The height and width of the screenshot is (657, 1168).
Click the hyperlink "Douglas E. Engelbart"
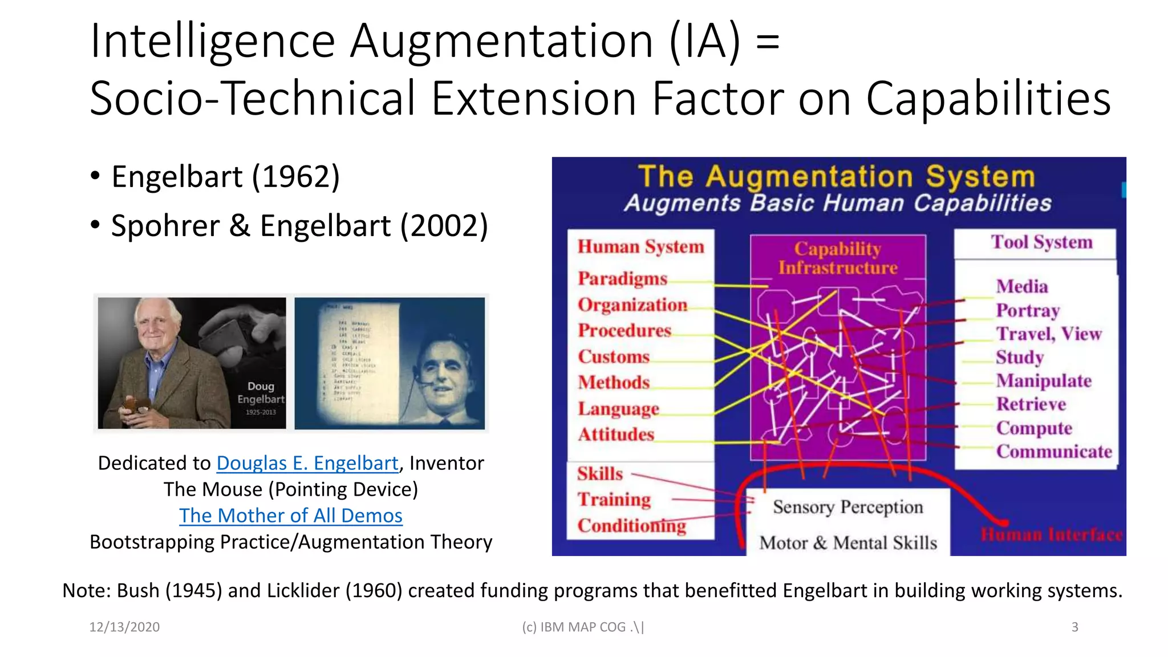click(307, 463)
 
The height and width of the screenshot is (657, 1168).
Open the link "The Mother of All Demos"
click(291, 516)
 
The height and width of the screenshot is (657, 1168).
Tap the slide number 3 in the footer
click(1074, 627)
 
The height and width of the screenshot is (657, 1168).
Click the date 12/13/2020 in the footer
click(124, 627)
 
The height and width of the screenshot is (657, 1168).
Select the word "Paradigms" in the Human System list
click(622, 278)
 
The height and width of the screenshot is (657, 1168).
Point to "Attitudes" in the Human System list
click(616, 435)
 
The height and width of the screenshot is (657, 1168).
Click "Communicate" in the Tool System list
click(1054, 452)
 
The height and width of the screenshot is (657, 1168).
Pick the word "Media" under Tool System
click(1022, 286)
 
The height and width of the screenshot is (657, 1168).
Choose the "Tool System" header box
click(1041, 242)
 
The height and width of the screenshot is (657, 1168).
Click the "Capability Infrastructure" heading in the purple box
click(838, 258)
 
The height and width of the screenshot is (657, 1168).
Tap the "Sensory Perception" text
click(847, 507)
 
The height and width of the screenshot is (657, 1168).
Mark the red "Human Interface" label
click(1051, 535)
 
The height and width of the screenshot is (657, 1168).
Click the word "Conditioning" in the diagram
click(631, 525)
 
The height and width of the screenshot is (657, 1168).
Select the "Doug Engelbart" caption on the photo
click(261, 393)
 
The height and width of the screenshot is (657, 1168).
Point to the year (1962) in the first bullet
click(296, 177)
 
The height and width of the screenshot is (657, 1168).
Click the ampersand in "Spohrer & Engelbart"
click(240, 226)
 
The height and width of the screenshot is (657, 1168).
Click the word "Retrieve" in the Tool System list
click(1031, 404)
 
